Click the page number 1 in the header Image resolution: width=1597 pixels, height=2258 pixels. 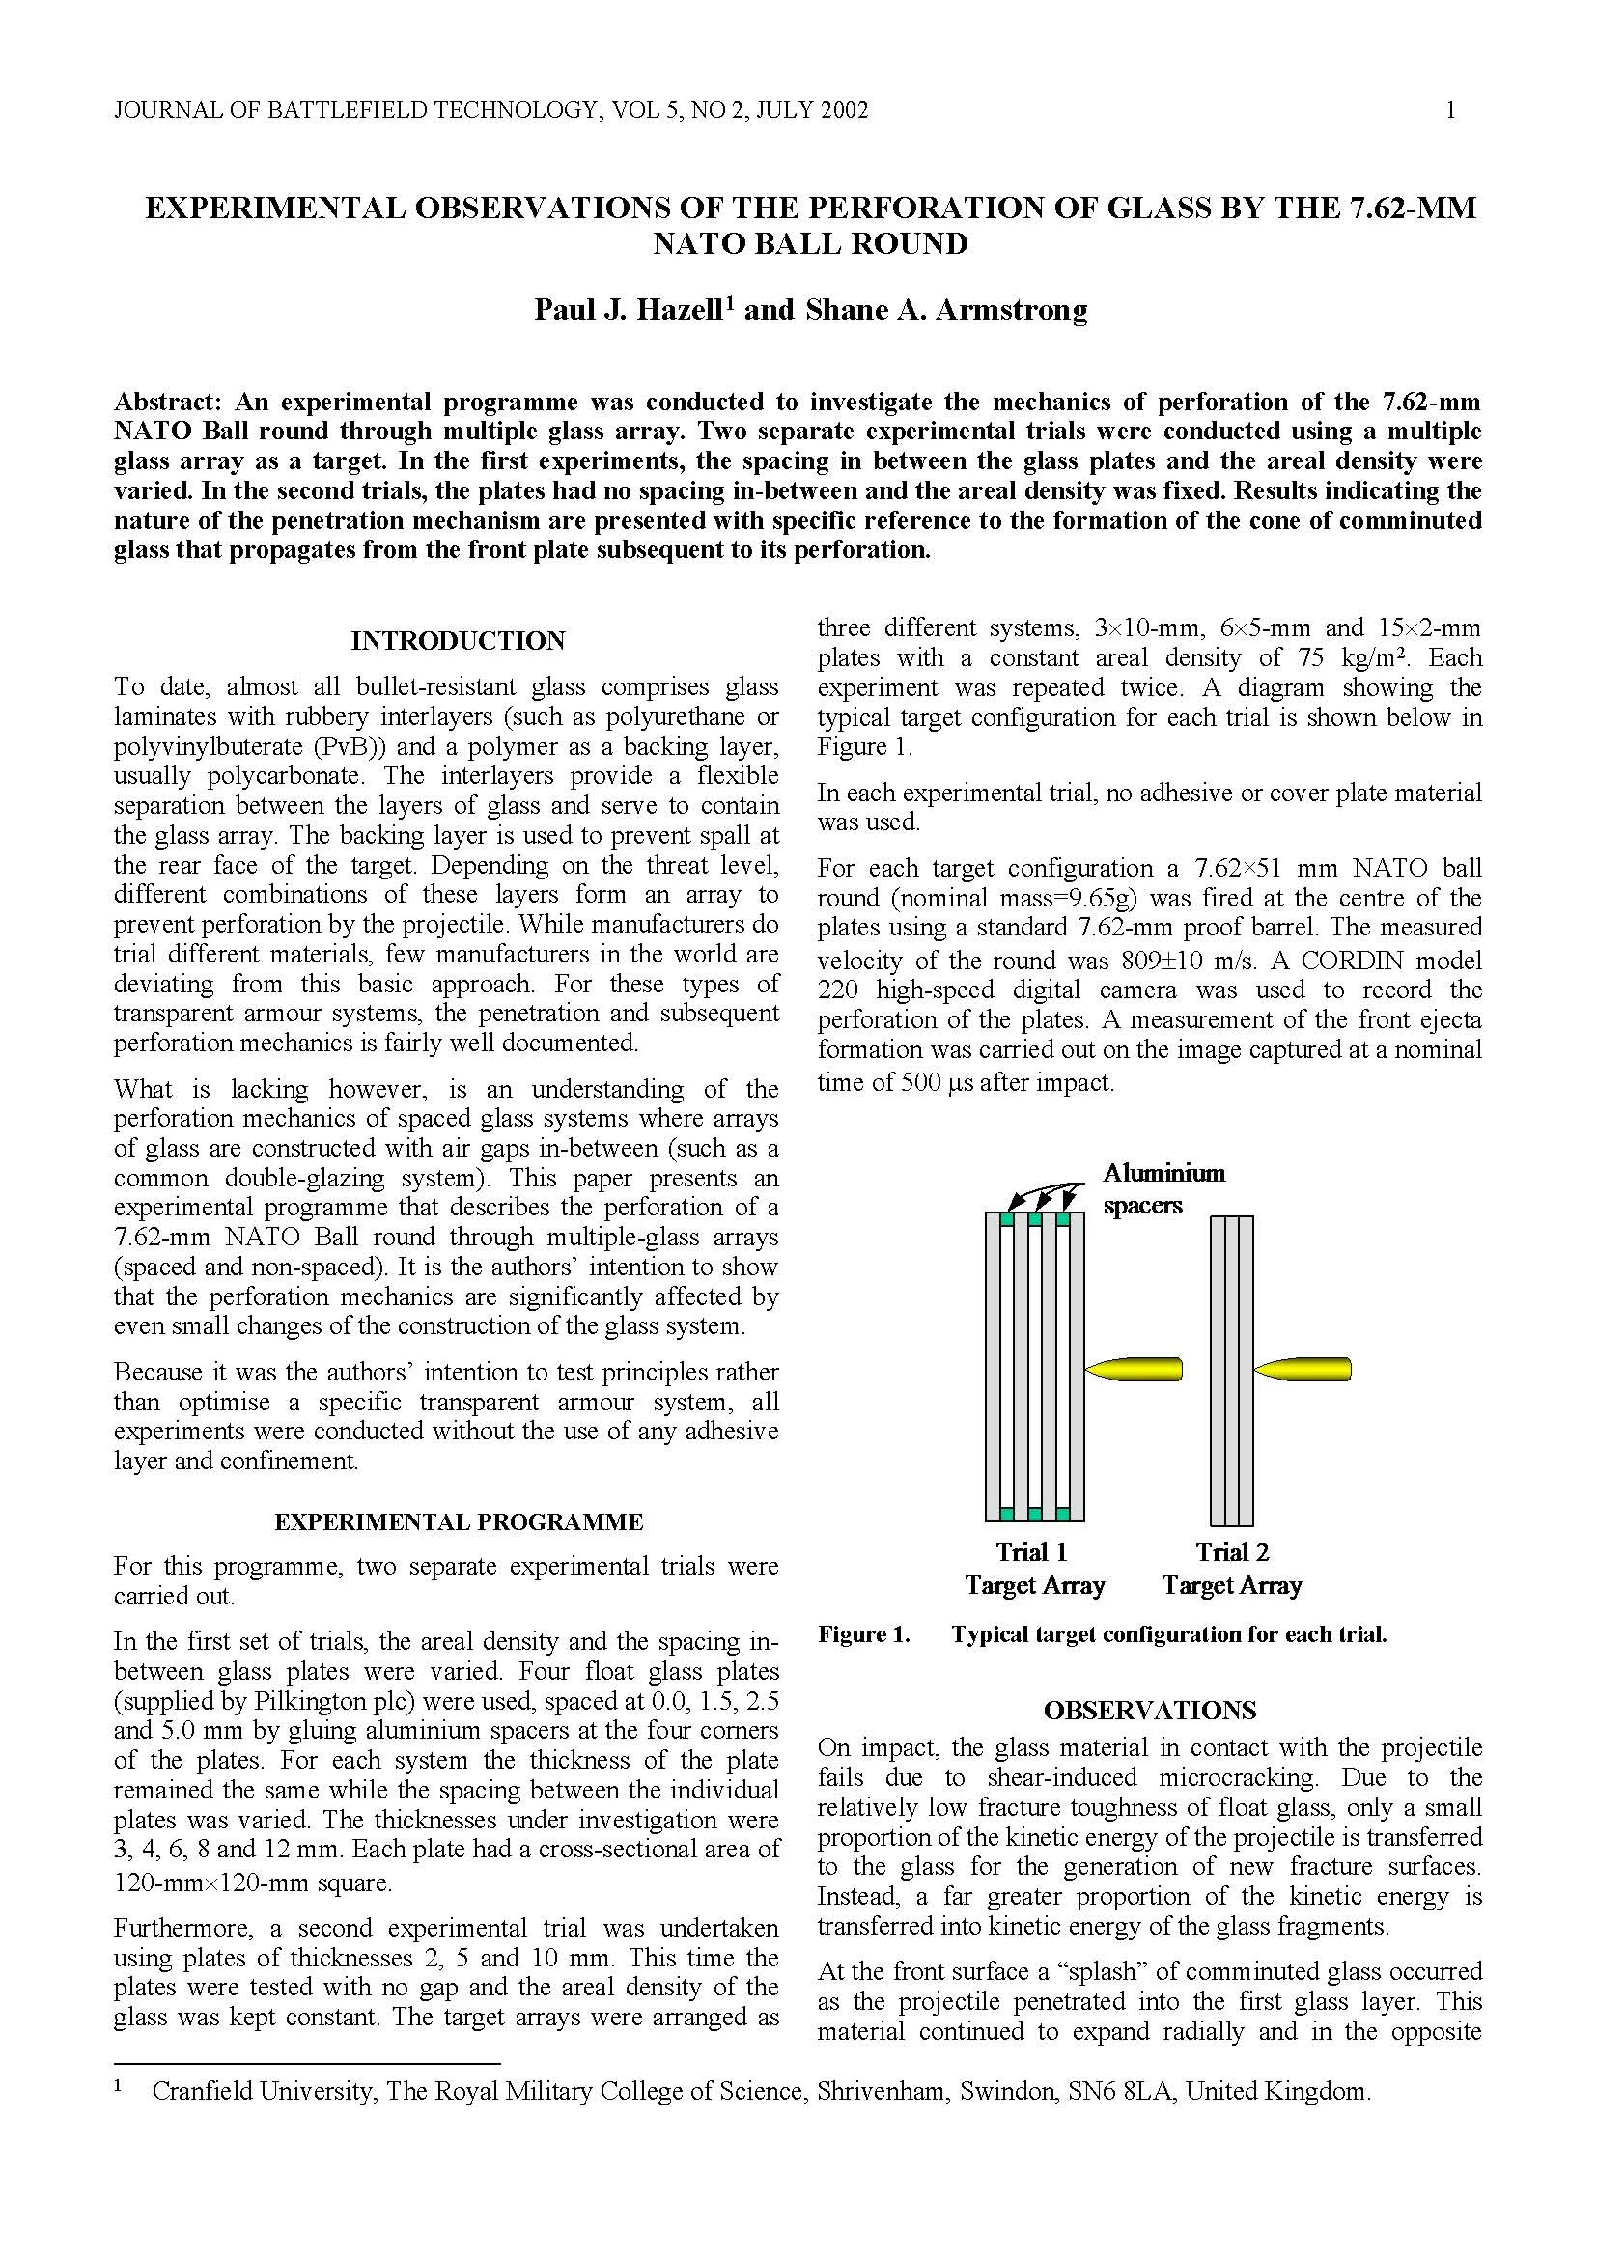point(1450,110)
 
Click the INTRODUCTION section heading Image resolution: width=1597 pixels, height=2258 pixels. point(459,641)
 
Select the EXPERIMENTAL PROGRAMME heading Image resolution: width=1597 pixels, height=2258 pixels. point(459,1522)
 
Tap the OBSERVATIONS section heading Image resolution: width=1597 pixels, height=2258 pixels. point(1150,1711)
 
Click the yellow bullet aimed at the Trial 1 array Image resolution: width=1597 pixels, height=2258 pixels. point(1134,1368)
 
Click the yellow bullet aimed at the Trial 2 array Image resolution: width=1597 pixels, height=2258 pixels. point(1303,1368)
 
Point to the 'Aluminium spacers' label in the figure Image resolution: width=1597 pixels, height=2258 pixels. point(1163,1188)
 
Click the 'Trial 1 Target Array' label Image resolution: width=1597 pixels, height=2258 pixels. point(1034,1569)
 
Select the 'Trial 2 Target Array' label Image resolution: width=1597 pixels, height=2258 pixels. point(1231,1569)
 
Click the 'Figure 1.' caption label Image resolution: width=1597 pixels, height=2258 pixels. point(863,1634)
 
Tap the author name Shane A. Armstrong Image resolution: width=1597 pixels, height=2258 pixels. point(946,310)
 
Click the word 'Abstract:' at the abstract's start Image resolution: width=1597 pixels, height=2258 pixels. point(171,402)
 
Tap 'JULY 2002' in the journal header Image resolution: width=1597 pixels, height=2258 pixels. point(816,110)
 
